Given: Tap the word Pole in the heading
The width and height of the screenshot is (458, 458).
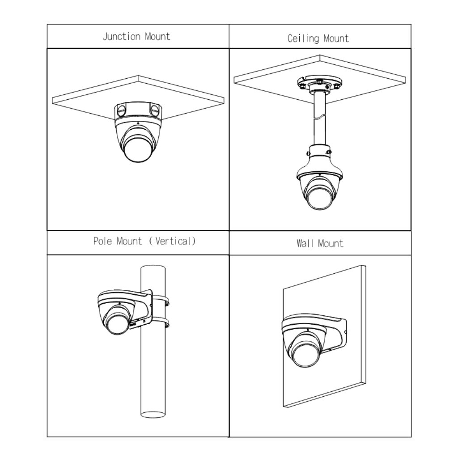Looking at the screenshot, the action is click(x=102, y=241).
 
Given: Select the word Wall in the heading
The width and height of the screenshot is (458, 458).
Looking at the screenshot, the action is click(x=305, y=243).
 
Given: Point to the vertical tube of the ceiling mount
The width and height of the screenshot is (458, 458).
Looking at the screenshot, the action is click(x=319, y=118).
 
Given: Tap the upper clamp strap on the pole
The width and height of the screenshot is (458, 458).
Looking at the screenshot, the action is click(x=161, y=300).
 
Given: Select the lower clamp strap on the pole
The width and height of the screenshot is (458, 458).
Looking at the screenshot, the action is click(x=161, y=322).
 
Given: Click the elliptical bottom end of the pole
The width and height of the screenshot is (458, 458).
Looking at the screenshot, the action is click(x=153, y=415).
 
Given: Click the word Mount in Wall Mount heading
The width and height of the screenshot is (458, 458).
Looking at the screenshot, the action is click(x=331, y=244).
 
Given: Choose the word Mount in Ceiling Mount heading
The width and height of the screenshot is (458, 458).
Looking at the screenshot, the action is click(x=336, y=38).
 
